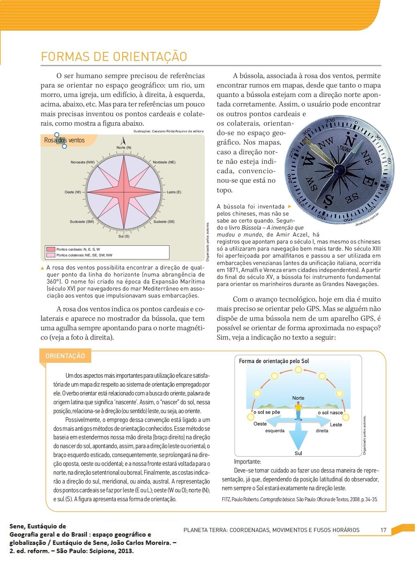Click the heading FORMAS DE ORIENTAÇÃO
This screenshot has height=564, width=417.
[114, 57]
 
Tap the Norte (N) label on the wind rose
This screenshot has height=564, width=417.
[124, 148]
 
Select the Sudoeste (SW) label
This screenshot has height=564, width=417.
[82, 222]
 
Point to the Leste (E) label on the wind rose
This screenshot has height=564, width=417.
[174, 192]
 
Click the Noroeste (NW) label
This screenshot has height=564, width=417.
[83, 162]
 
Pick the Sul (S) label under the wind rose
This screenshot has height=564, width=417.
[124, 236]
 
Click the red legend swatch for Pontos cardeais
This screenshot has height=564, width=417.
[51, 249]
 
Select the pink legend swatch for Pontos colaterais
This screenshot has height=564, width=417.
[51, 255]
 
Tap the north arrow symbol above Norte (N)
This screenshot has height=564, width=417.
[124, 141]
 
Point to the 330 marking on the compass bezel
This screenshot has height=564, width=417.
[330, 121]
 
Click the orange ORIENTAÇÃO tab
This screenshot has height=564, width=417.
[65, 356]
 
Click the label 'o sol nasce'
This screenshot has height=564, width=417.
[330, 413]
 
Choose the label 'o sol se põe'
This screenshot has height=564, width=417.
[267, 412]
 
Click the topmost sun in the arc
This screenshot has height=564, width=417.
[298, 370]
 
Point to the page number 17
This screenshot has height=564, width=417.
[383, 530]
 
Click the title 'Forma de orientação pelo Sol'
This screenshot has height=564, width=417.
[274, 361]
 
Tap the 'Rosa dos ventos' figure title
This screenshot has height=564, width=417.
[64, 140]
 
